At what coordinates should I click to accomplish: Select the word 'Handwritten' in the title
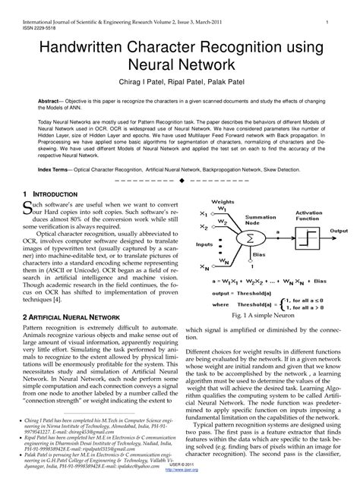pos(93,49)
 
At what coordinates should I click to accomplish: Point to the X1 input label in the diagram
pos(203,214)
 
